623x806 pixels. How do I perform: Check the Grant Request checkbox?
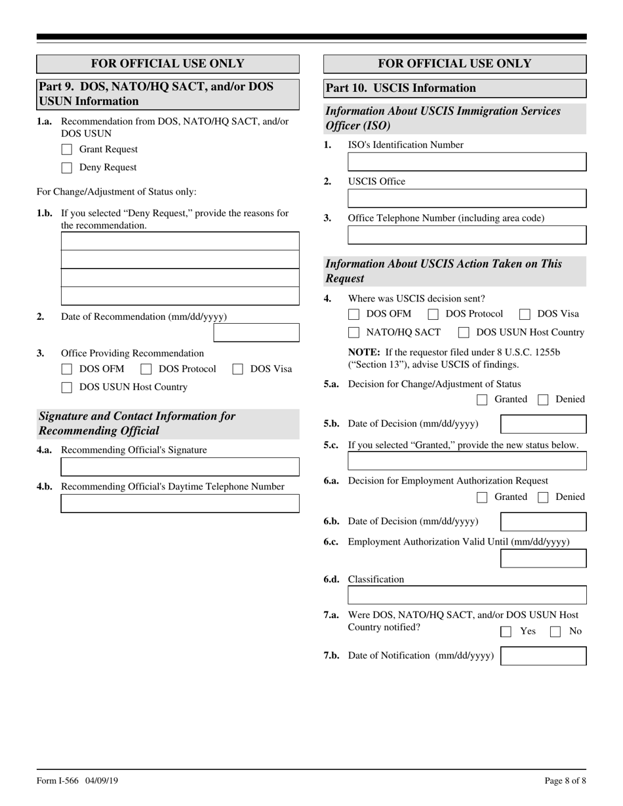pyautogui.click(x=66, y=149)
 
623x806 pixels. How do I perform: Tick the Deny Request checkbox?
pyautogui.click(x=66, y=168)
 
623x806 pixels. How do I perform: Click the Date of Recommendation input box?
pyautogui.click(x=256, y=332)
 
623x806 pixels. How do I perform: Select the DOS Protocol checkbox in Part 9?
pyautogui.click(x=146, y=369)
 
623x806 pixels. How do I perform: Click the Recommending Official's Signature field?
pyautogui.click(x=180, y=467)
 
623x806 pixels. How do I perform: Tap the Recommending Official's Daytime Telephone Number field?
pyautogui.click(x=180, y=503)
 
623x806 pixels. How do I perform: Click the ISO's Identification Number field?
pyautogui.click(x=466, y=162)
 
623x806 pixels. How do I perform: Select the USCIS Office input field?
pyautogui.click(x=466, y=199)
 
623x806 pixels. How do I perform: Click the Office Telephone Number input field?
pyautogui.click(x=466, y=235)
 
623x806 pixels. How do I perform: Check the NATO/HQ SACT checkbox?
pyautogui.click(x=353, y=332)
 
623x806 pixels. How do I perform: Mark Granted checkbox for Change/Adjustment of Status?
pyautogui.click(x=482, y=400)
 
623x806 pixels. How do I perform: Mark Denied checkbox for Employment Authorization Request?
pyautogui.click(x=542, y=497)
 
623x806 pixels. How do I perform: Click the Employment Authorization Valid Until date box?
pyautogui.click(x=543, y=558)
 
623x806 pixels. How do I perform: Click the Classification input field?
pyautogui.click(x=466, y=595)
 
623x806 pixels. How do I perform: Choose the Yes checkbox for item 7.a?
pyautogui.click(x=506, y=632)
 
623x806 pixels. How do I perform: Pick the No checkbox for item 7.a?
pyautogui.click(x=555, y=632)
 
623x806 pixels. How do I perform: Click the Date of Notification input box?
pyautogui.click(x=543, y=656)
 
